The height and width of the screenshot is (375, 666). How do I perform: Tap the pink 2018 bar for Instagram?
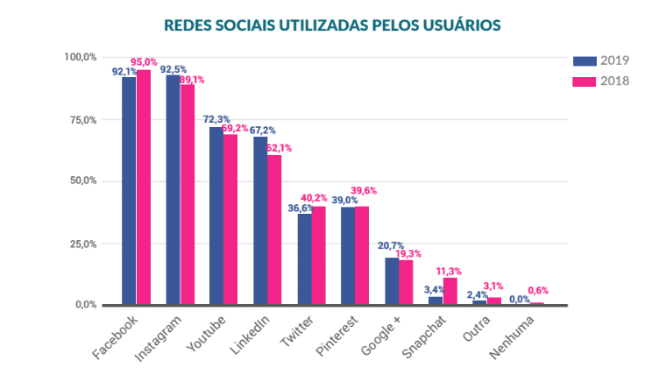187,195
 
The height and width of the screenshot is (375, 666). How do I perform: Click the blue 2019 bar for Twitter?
304,259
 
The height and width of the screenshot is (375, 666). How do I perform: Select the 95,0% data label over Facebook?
144,62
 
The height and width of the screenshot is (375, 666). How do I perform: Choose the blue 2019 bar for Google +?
392,281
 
